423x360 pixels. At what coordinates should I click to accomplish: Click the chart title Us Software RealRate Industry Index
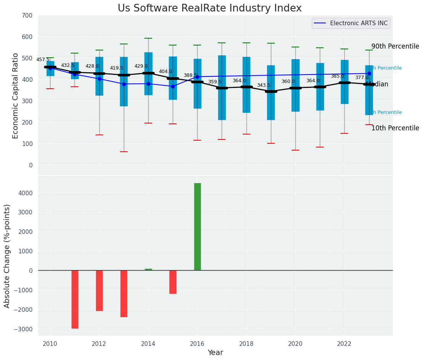click(x=209, y=8)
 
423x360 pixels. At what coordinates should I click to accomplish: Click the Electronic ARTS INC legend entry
click(x=358, y=23)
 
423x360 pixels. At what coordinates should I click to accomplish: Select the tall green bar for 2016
click(x=197, y=227)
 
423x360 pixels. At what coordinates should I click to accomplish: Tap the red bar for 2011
click(x=75, y=299)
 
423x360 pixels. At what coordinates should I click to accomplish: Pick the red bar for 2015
click(x=173, y=282)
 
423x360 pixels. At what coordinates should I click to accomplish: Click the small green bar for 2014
click(x=148, y=269)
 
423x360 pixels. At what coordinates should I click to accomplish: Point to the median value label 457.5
click(x=43, y=60)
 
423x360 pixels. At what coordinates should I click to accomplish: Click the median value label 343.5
click(x=263, y=85)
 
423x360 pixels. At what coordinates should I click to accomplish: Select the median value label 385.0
click(x=337, y=76)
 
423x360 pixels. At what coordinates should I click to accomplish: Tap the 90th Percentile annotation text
click(x=395, y=46)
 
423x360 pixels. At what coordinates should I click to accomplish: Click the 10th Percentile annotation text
click(x=395, y=128)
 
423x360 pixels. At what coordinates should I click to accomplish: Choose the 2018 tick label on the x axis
click(x=246, y=344)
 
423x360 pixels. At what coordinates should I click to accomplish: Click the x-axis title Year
click(x=216, y=353)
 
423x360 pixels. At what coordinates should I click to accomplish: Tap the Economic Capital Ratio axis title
click(x=16, y=96)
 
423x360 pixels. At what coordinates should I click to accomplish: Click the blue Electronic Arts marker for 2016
click(x=197, y=77)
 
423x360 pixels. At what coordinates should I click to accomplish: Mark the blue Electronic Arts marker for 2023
click(x=369, y=73)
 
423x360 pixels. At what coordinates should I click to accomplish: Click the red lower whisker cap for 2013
click(x=123, y=152)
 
